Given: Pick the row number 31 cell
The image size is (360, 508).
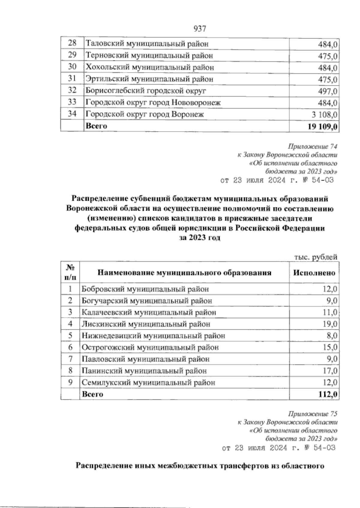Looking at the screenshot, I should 72,79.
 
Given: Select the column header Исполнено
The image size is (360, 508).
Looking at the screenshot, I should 314,273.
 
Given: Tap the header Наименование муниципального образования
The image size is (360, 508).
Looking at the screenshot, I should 184,273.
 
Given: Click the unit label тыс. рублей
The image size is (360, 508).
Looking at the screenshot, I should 316,257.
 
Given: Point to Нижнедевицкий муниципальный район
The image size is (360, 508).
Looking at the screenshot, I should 153,336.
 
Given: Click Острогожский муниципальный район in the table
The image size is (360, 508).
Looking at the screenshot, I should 150,347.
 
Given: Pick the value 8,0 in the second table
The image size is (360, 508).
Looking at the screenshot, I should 332,336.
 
